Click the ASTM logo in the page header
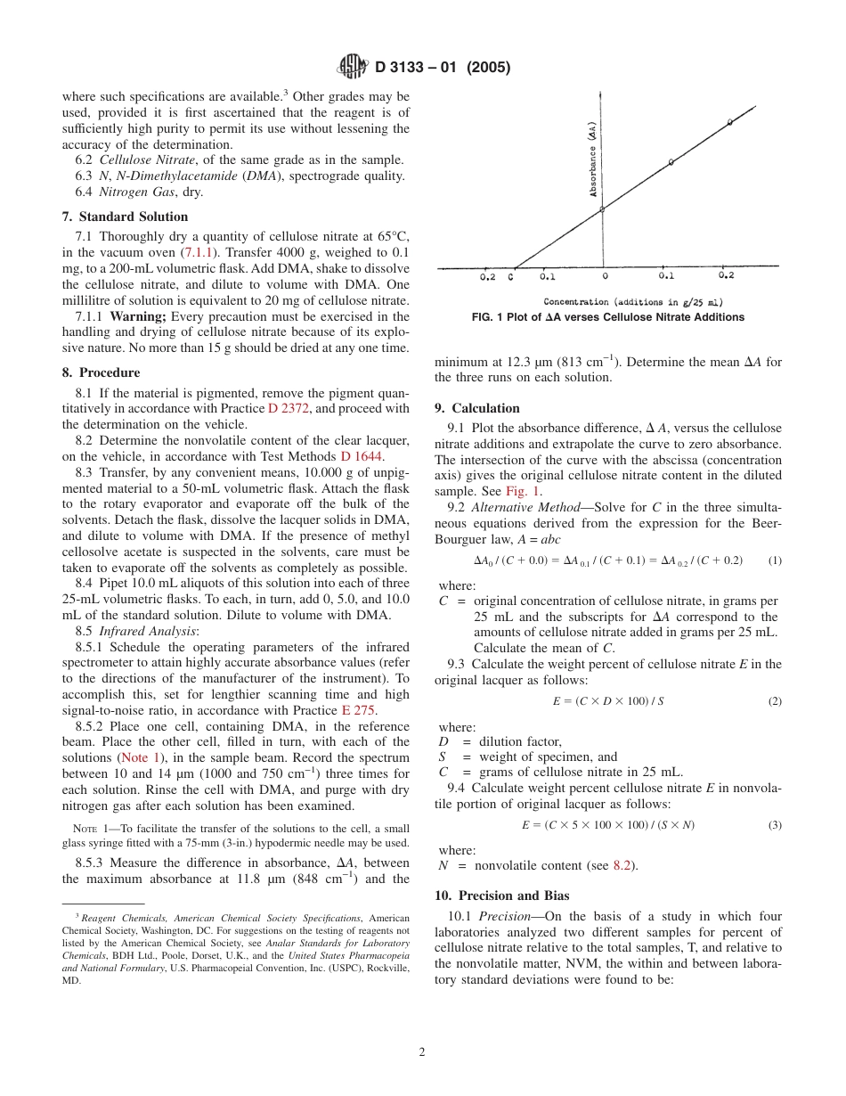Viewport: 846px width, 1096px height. (x=354, y=67)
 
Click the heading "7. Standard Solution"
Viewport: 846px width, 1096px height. (x=125, y=217)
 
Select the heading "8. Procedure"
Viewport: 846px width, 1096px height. (x=101, y=372)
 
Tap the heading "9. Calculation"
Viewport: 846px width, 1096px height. (x=476, y=408)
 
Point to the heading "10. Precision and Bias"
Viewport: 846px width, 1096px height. (x=501, y=896)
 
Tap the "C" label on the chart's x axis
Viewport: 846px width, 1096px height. (x=510, y=277)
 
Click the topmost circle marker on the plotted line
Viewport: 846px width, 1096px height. (x=730, y=122)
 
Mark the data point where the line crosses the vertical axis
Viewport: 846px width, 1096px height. (x=602, y=209)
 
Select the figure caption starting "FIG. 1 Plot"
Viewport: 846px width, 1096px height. (x=607, y=317)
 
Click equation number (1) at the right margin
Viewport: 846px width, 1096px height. (x=774, y=560)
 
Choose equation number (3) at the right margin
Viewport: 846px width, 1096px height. (x=774, y=825)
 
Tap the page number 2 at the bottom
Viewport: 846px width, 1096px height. (x=422, y=1051)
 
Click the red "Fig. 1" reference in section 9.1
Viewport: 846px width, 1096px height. (x=522, y=491)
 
